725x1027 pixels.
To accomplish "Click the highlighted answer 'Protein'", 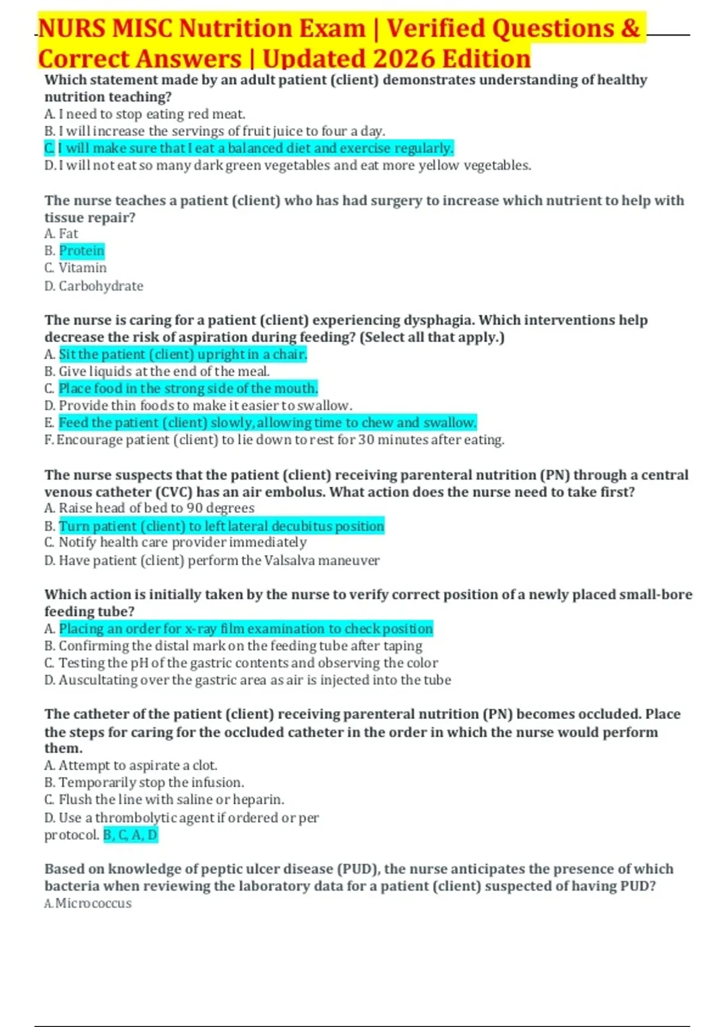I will click(x=82, y=251).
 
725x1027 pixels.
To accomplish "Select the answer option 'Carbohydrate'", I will click(x=101, y=286).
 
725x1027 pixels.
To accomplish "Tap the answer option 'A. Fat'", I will click(x=61, y=234).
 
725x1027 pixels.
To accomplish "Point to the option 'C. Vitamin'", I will click(x=76, y=268).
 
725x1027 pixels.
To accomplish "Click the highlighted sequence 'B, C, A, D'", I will click(x=130, y=835).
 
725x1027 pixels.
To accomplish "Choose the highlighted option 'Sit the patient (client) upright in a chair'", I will click(x=182, y=355).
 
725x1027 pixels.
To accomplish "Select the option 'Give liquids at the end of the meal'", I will click(x=164, y=372).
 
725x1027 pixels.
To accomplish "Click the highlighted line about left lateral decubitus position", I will click(x=221, y=526).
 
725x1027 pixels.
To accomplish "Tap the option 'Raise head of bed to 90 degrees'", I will click(x=156, y=508).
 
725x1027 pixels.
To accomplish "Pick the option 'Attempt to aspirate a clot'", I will click(x=138, y=765).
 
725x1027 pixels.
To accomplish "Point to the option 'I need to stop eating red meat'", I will click(x=151, y=114).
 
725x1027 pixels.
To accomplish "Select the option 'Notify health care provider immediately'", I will click(x=182, y=542).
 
